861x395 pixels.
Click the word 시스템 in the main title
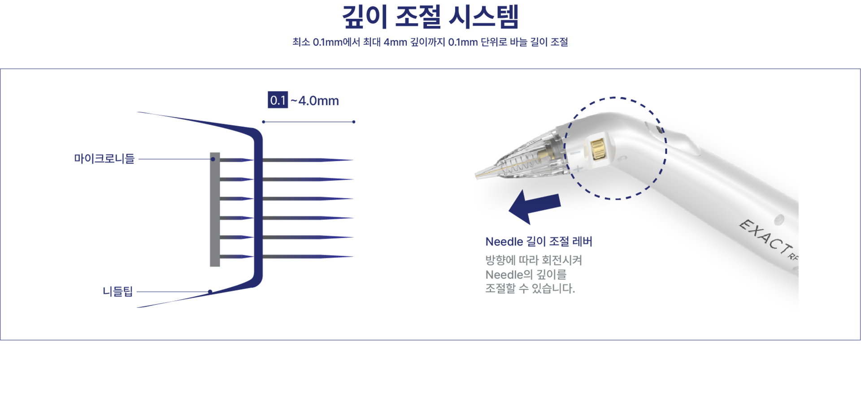483,17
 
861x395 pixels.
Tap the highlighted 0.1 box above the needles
278,100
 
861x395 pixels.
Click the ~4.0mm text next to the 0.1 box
315,101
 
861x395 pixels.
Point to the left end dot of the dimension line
264,122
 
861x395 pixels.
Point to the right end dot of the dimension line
354,122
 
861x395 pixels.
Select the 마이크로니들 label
104,159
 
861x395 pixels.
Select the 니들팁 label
117,292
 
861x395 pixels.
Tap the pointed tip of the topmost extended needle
353,160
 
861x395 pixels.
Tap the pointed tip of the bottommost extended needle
353,257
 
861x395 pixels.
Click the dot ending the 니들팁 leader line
210,292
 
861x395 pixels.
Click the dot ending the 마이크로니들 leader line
213,159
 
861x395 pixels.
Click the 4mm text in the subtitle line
396,42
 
